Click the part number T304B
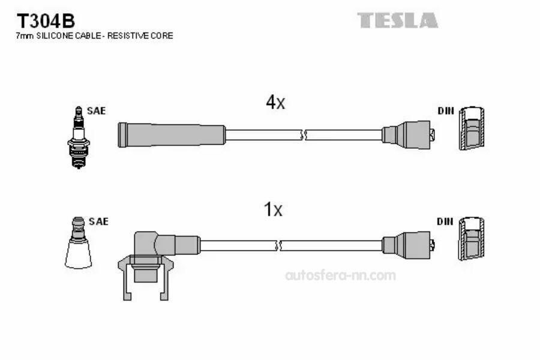[x=45, y=21]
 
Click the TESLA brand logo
[x=398, y=20]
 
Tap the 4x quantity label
[x=275, y=103]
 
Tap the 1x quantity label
[x=273, y=209]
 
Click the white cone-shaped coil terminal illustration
[x=78, y=242]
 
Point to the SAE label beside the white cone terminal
[x=98, y=221]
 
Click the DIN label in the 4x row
[x=445, y=111]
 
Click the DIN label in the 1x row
[x=445, y=221]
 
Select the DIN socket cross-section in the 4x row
[x=470, y=130]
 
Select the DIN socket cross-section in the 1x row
[x=470, y=240]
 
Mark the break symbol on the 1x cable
[x=278, y=245]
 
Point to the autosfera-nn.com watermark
[x=340, y=275]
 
